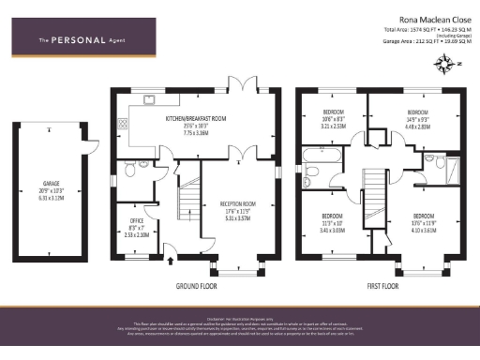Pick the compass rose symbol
[x=442, y=63]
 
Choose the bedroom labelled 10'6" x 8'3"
[x=334, y=117]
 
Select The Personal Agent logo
[x=76, y=39]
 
